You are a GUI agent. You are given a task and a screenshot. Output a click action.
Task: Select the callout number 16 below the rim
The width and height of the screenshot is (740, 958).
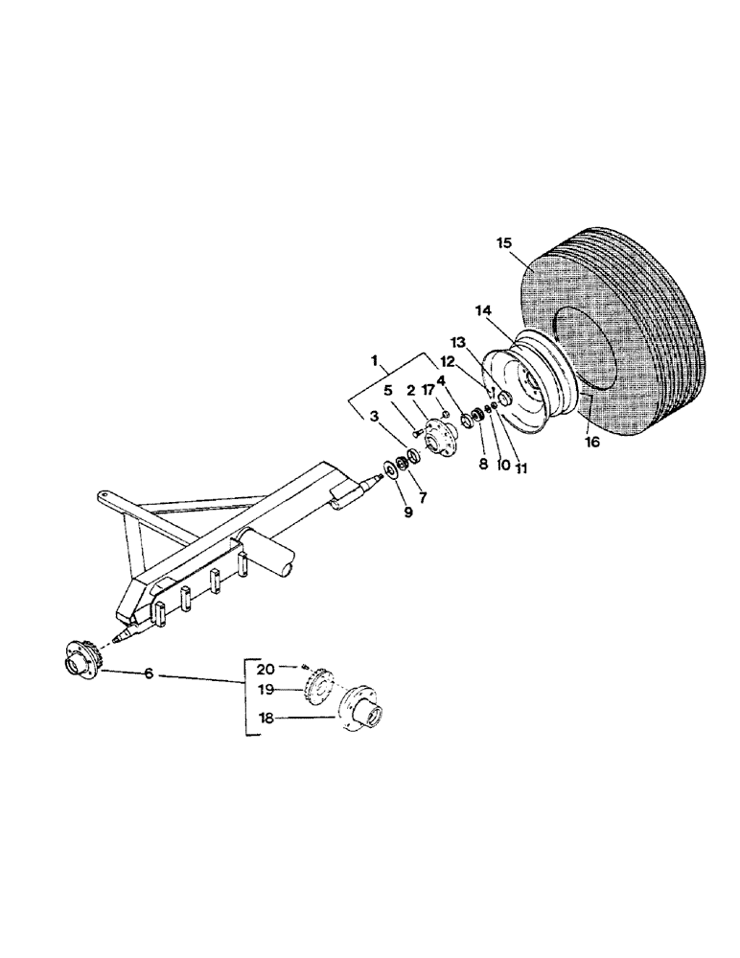(591, 442)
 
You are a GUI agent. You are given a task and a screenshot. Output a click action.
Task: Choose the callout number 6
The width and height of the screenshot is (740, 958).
(148, 674)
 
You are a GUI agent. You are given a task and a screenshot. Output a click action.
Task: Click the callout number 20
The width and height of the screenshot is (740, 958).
(267, 667)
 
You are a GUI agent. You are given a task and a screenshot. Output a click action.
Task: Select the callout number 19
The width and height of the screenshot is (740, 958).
(267, 689)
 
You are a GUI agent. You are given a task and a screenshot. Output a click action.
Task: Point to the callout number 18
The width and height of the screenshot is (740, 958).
(267, 714)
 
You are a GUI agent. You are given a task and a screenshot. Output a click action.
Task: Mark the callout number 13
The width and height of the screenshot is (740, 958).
(458, 342)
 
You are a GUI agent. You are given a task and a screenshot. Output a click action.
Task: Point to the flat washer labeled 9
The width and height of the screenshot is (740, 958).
(393, 468)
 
